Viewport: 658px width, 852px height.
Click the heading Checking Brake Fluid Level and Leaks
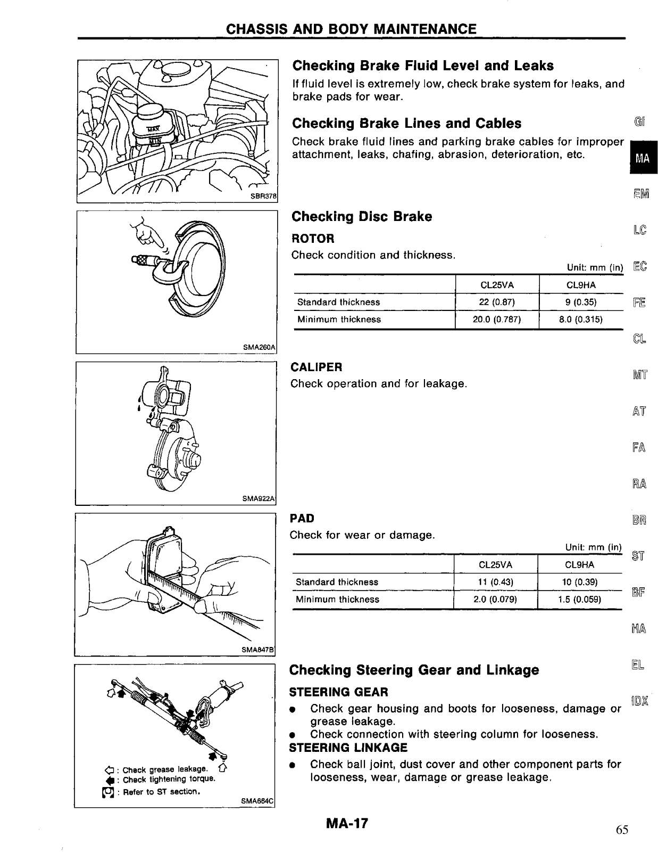pyautogui.click(x=423, y=65)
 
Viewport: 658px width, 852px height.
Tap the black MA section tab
pyautogui.click(x=643, y=158)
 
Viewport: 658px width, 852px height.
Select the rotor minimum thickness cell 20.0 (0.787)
pyautogui.click(x=497, y=319)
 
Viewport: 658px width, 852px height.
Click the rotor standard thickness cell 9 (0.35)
pyautogui.click(x=581, y=302)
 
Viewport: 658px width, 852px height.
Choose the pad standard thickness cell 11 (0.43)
pyautogui.click(x=495, y=582)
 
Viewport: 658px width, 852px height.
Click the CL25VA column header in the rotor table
pyautogui.click(x=497, y=285)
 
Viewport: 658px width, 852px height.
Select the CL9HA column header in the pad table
pyautogui.click(x=579, y=565)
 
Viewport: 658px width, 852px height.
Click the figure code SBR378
pyautogui.click(x=264, y=196)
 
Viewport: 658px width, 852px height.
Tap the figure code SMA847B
pyautogui.click(x=257, y=650)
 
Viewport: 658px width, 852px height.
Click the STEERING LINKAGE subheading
pyautogui.click(x=348, y=748)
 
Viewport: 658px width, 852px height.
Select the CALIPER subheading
pyautogui.click(x=316, y=367)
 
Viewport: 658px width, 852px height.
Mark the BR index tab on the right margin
pyautogui.click(x=639, y=520)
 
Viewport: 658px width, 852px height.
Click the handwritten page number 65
pyautogui.click(x=622, y=830)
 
